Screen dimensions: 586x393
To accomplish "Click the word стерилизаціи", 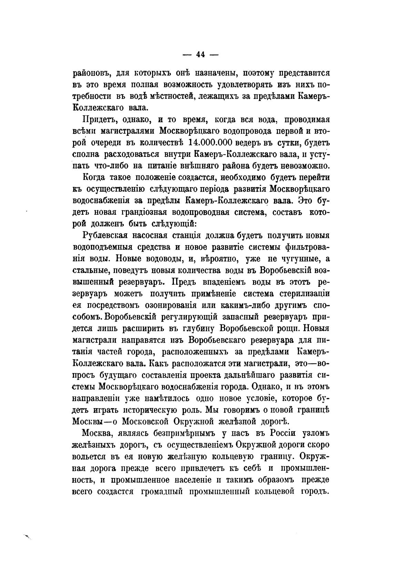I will [x=303, y=294].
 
